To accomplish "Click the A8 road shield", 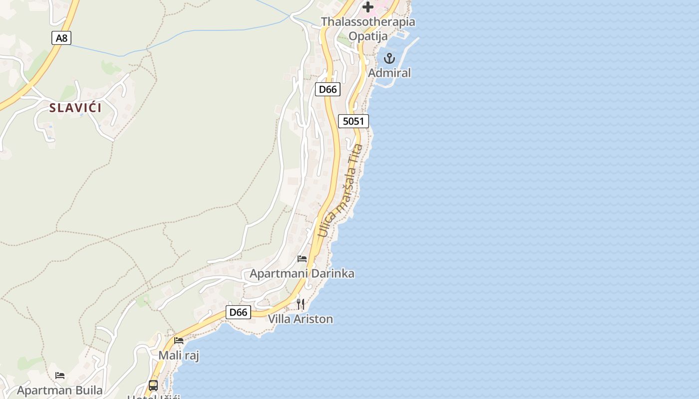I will pyautogui.click(x=61, y=37).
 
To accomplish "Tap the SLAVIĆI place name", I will pyautogui.click(x=75, y=108).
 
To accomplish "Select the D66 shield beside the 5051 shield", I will pyautogui.click(x=328, y=89).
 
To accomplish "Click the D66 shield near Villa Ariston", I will pyautogui.click(x=238, y=312).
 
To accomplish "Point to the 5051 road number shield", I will pyautogui.click(x=353, y=121).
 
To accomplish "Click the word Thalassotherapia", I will pyautogui.click(x=368, y=22).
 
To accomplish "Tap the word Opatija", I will pyautogui.click(x=368, y=36).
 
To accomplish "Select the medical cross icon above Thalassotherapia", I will pyautogui.click(x=368, y=7).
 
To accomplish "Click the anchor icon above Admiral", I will pyautogui.click(x=389, y=59).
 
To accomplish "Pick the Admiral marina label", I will pyautogui.click(x=389, y=73).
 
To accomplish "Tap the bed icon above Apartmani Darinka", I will pyautogui.click(x=302, y=258).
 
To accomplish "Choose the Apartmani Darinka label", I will pyautogui.click(x=302, y=273).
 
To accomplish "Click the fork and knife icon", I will pyautogui.click(x=301, y=304).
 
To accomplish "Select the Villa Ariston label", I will pyautogui.click(x=301, y=319).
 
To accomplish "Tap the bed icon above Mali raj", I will pyautogui.click(x=179, y=341).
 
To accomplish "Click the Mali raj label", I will pyautogui.click(x=179, y=356).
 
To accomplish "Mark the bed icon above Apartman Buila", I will pyautogui.click(x=60, y=375).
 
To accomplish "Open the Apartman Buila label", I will pyautogui.click(x=60, y=390).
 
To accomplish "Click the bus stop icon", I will pyautogui.click(x=153, y=385).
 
